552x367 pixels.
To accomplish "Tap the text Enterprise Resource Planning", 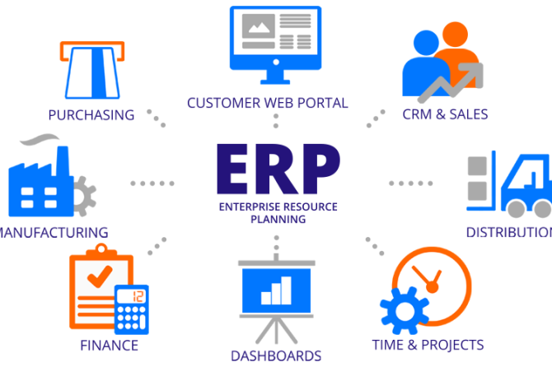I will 278,214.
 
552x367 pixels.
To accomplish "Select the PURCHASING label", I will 91,114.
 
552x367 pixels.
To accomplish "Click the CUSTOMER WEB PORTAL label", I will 268,103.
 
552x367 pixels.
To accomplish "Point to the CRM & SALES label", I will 445,114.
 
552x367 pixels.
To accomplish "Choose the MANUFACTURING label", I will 54,232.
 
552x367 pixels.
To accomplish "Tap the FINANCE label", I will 109,344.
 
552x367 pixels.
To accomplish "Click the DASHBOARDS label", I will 276,355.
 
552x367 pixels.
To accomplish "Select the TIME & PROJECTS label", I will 428,344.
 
